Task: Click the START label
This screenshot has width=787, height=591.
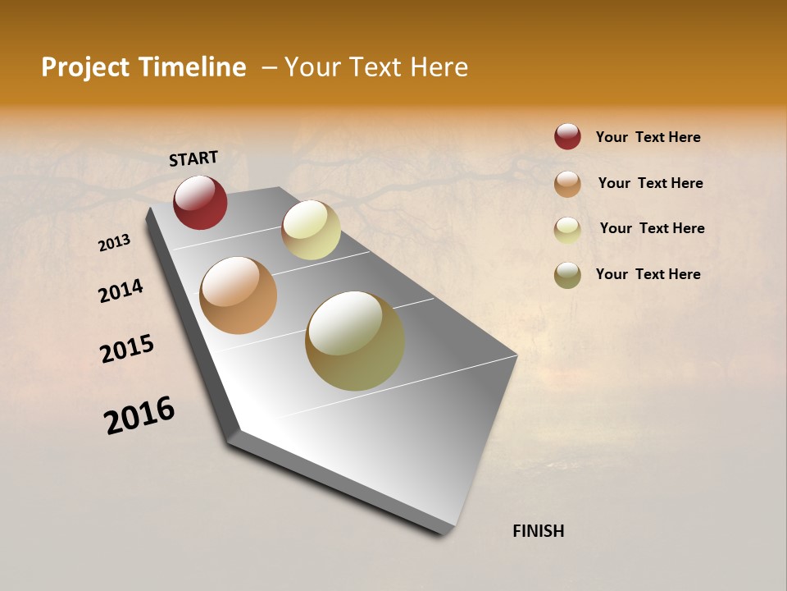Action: (193, 158)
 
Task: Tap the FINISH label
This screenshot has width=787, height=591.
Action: (538, 531)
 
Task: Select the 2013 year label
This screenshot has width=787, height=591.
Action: (115, 242)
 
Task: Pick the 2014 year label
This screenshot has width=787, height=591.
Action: (121, 291)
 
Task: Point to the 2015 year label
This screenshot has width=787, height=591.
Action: (127, 349)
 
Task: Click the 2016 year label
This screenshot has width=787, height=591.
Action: (139, 415)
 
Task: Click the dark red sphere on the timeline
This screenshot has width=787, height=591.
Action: (200, 202)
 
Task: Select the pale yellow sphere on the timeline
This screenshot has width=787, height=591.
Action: (311, 230)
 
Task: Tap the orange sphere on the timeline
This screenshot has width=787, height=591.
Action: (238, 295)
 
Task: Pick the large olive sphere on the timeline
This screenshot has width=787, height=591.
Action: (354, 341)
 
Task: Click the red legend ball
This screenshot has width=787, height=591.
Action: (567, 136)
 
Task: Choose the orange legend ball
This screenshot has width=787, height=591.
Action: (567, 184)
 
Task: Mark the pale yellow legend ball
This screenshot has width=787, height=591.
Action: (567, 230)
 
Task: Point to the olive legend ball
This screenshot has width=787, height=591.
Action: (567, 275)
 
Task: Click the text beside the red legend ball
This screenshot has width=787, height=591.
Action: (648, 137)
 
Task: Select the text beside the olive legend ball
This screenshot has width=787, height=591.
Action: (648, 274)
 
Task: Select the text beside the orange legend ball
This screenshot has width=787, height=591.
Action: (650, 183)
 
